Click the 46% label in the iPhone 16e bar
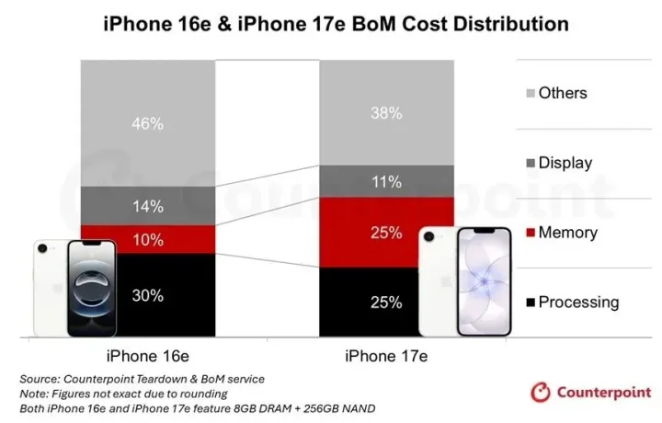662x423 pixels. point(147,123)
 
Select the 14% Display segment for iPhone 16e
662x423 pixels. point(147,206)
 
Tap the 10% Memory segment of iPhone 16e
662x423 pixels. point(147,240)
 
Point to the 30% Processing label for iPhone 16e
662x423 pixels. point(147,295)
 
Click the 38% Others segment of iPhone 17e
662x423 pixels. point(386,113)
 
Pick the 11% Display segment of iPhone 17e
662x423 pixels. point(386,181)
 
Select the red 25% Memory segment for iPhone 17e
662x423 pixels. point(386,233)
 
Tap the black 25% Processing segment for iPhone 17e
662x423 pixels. point(386,302)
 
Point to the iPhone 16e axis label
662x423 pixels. point(147,356)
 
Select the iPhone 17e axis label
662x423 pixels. point(387,356)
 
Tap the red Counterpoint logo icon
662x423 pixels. point(541,393)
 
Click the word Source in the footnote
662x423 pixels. point(42,379)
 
